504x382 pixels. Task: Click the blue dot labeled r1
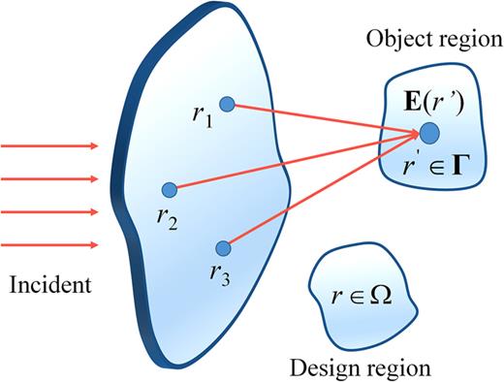coord(226,104)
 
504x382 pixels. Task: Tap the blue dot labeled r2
coord(169,188)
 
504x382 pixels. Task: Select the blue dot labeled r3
coord(223,247)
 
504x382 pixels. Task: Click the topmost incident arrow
coord(48,146)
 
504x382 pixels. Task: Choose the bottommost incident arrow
coord(48,244)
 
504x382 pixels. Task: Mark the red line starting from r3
coord(320,190)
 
